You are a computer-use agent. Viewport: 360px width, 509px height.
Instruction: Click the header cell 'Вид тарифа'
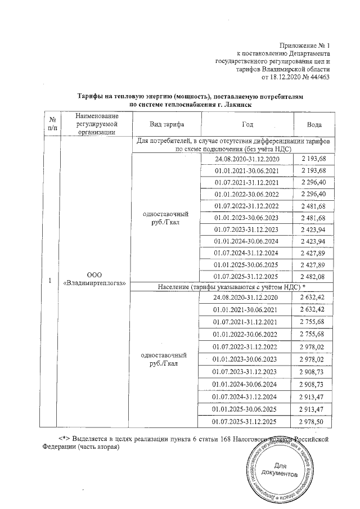coord(166,124)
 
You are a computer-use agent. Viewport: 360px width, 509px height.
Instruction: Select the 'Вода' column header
coord(314,124)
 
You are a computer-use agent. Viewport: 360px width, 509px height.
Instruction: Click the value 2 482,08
coord(314,276)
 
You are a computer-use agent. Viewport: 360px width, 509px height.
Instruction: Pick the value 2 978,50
coord(314,421)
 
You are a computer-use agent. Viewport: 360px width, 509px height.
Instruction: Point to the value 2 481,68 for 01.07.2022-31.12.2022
coord(314,205)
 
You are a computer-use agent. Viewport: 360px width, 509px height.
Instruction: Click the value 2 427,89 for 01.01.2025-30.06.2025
coord(314,264)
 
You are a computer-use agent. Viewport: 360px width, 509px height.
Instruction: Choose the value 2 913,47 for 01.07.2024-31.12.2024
coord(314,397)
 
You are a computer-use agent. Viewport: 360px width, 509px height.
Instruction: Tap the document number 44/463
coord(320,76)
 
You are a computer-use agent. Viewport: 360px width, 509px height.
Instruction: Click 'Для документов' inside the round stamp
coord(280,470)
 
